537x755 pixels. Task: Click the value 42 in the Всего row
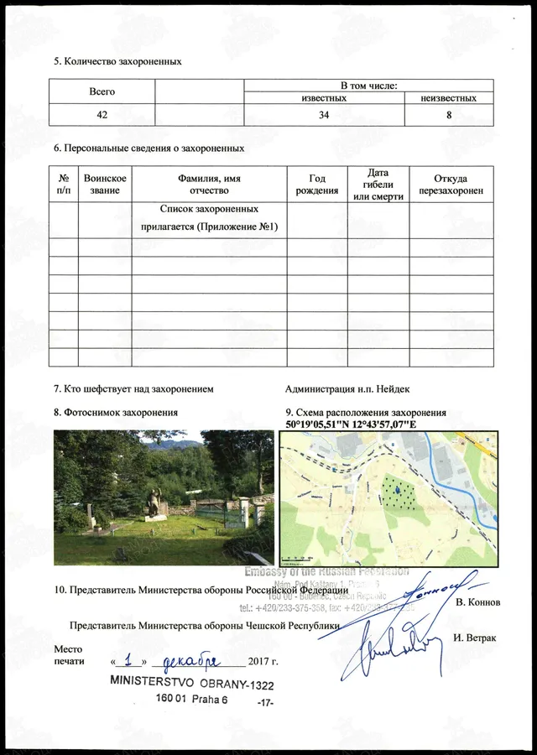(102, 115)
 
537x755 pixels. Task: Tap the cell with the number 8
(449, 115)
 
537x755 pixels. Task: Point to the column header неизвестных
(449, 98)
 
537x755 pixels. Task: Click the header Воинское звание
(105, 185)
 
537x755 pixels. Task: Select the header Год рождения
(317, 185)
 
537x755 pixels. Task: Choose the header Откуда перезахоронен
(451, 185)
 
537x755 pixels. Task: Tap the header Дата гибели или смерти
(378, 185)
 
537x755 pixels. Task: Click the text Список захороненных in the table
(209, 208)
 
